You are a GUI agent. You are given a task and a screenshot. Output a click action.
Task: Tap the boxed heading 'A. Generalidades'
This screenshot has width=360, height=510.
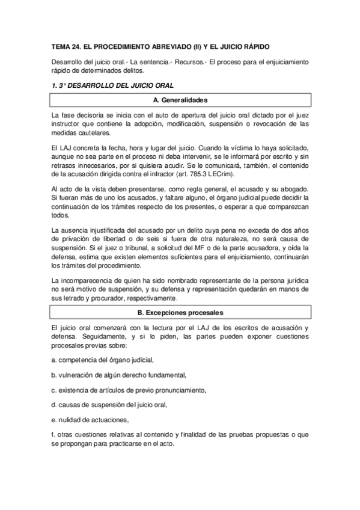coord(180,100)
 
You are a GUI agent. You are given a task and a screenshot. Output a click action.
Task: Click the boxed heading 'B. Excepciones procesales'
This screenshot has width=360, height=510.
coord(180,313)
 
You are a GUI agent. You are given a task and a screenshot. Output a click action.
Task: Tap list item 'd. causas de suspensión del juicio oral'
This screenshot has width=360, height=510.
coord(109,405)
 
